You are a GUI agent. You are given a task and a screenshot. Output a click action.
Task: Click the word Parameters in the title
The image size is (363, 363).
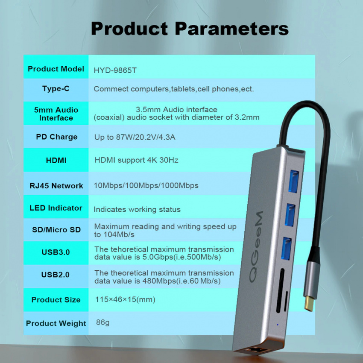pos(232,29)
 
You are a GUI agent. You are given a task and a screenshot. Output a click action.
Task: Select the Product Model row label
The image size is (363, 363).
pos(56,69)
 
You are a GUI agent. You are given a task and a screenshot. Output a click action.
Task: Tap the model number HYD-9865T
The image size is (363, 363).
pos(115,70)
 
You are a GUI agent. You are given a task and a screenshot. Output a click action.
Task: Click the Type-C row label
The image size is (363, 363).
pos(56,89)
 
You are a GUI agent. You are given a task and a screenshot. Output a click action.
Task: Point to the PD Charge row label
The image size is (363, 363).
pos(57,137)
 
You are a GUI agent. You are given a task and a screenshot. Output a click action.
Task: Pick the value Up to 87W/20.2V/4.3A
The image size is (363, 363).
pos(135,137)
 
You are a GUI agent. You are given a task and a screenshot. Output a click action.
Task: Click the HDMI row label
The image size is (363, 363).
pos(56,160)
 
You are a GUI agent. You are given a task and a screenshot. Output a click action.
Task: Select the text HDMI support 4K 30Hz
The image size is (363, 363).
pos(136,160)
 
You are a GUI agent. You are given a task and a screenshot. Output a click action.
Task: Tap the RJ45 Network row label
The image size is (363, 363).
pos(56,186)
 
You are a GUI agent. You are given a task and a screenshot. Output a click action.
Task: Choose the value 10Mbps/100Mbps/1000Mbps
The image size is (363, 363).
pos(146,185)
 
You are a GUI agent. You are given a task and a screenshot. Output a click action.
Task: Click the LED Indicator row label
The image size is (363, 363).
pos(56,208)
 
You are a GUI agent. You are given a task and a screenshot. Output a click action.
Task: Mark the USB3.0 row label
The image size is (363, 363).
pos(56,252)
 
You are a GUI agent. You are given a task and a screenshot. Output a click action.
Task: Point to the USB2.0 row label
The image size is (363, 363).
pos(56,275)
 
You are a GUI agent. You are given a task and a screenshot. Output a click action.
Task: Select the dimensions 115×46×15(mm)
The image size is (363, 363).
pos(125,299)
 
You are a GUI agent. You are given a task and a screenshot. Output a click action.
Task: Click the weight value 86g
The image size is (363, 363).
pos(103,322)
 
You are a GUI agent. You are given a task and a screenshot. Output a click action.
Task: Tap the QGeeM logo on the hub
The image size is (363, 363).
pos(257,246)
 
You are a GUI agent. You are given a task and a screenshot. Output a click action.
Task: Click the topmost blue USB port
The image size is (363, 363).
pos(293,181)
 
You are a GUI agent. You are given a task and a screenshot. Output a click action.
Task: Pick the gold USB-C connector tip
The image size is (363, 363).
pos(309,304)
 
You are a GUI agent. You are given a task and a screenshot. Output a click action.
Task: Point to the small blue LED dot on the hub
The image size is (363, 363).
pos(278,325)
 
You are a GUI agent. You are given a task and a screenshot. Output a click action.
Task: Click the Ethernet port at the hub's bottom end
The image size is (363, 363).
pos(257,350)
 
